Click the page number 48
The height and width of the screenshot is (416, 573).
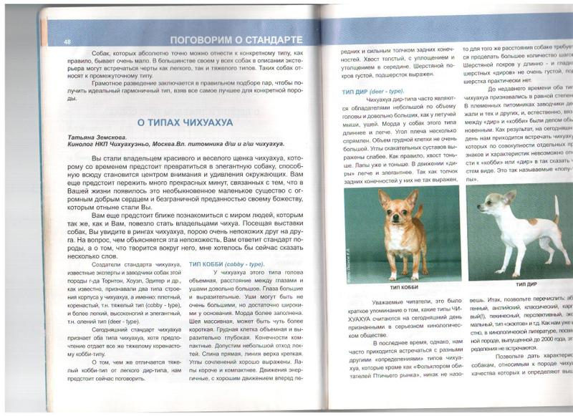point(67,41)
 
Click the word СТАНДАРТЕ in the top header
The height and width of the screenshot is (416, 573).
point(266,39)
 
